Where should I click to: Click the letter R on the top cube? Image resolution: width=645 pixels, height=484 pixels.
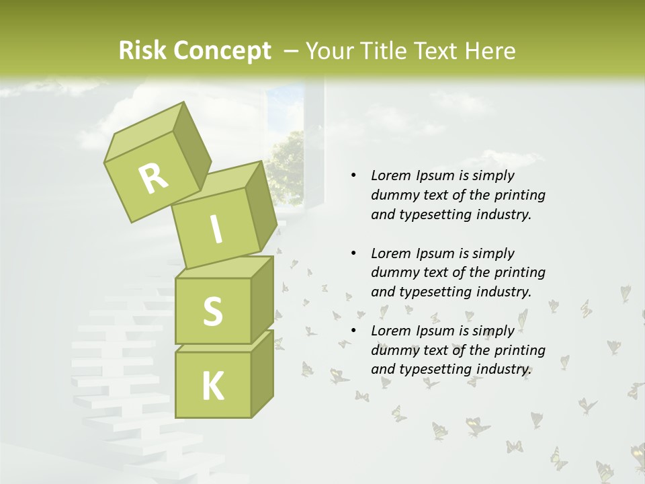154,179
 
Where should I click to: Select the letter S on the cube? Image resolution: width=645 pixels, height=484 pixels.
212,311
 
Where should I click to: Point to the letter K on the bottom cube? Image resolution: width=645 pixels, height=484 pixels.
212,387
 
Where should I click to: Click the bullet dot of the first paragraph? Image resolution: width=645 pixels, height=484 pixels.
353,175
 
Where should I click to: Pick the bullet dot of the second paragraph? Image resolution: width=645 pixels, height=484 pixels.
353,253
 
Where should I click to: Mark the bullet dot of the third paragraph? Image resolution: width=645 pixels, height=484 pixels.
353,331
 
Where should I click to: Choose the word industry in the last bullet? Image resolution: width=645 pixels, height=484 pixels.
504,369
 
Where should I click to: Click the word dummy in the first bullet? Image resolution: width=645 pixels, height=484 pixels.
392,195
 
